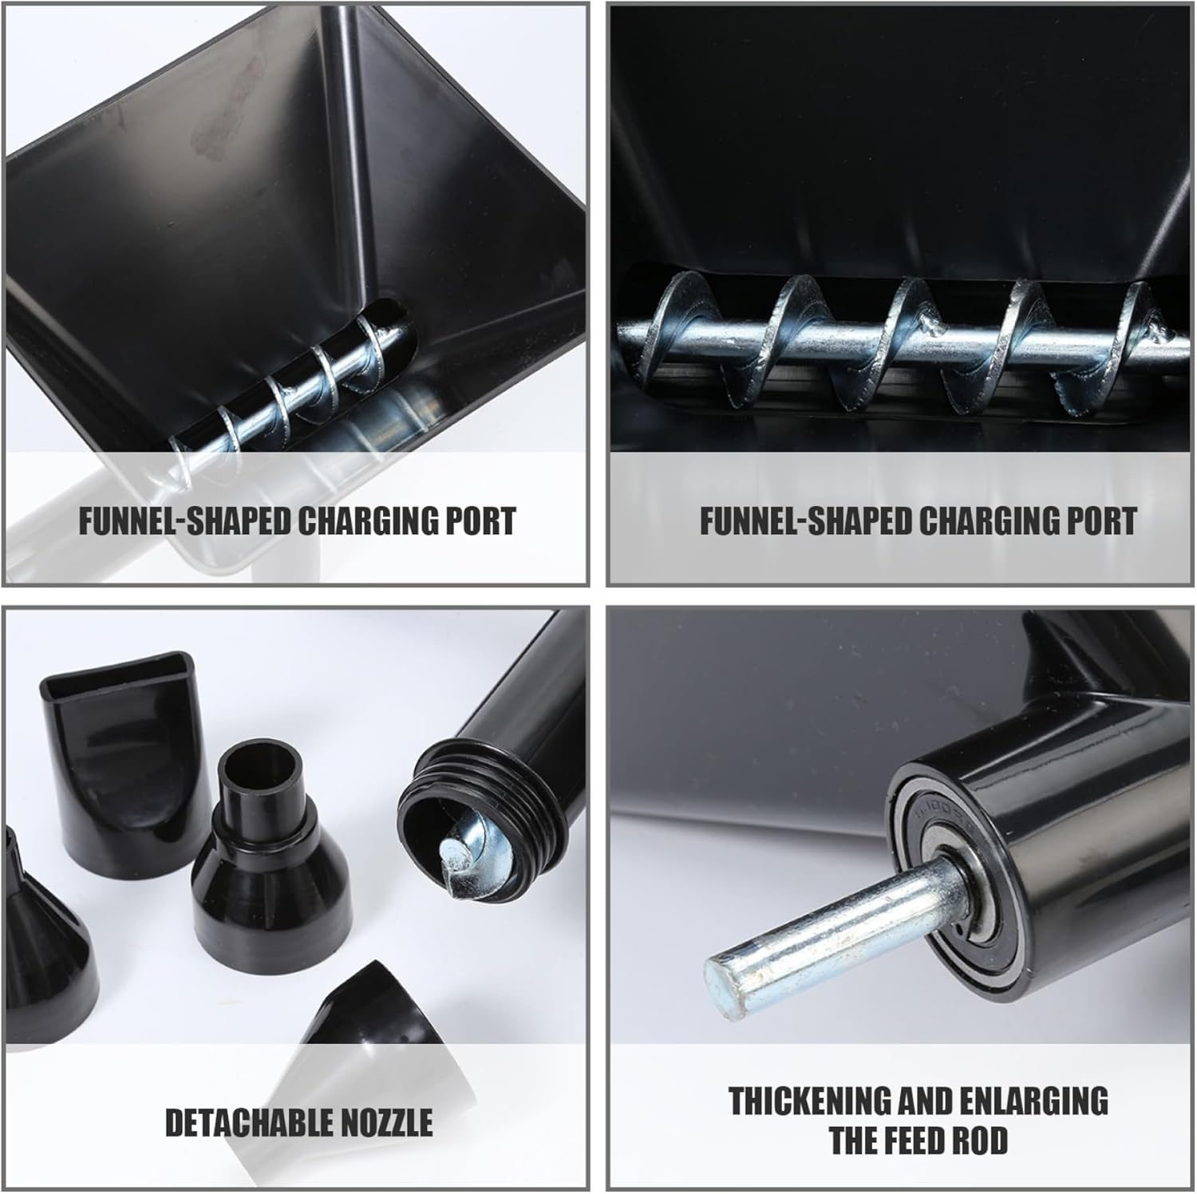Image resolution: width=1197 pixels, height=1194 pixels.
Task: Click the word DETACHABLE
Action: (x=249, y=1122)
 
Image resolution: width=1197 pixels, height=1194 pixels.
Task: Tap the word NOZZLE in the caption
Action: (x=387, y=1122)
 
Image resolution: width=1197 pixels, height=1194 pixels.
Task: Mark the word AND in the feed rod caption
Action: (x=924, y=1101)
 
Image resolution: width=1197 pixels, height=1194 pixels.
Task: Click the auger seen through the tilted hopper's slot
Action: (x=311, y=375)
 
